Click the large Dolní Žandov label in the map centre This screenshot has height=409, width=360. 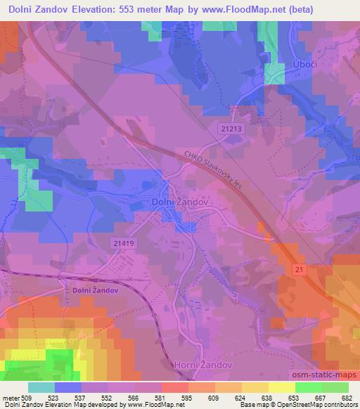pos(181,202)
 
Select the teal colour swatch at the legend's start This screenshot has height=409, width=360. pos(41,387)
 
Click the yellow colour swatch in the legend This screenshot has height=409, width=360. pos(281,387)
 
